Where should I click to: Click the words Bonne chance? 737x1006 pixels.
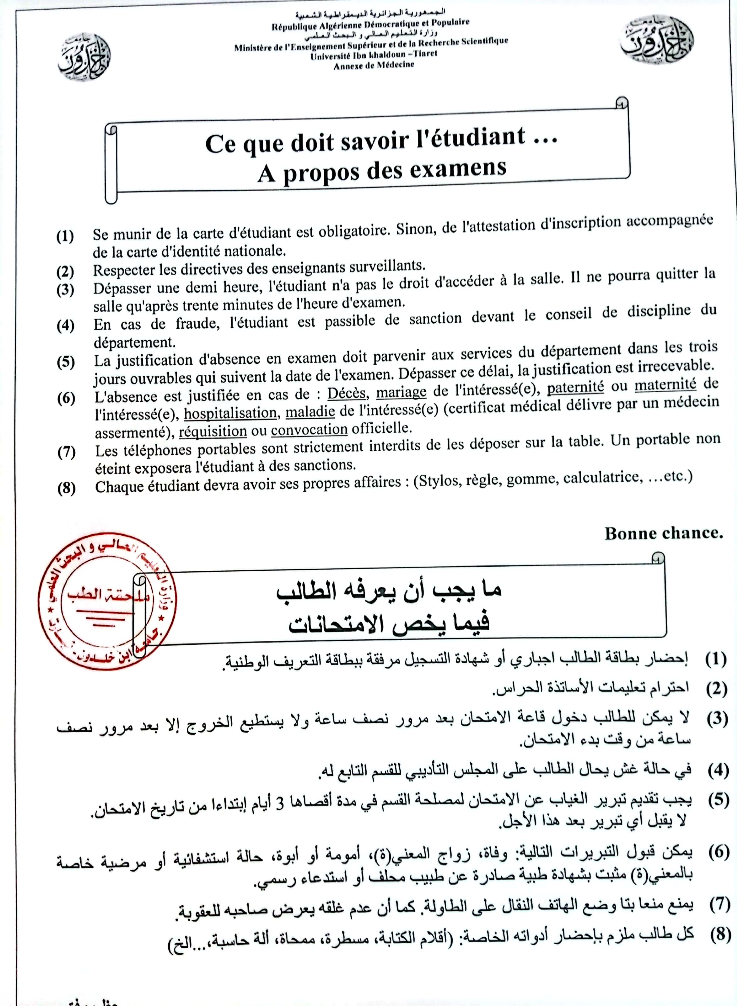(663, 533)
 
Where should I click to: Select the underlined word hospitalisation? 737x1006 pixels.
(230, 413)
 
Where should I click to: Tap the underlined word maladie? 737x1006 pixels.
(310, 411)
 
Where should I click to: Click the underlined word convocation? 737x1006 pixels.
(309, 430)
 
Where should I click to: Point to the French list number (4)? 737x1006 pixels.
(66, 326)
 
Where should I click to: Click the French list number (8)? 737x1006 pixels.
(67, 489)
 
